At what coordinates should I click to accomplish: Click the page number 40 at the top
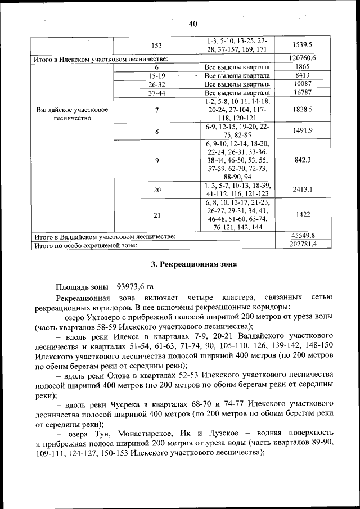pos(193,24)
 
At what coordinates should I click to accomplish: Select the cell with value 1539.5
pos(303,44)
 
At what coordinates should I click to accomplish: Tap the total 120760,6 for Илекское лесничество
pos(303,58)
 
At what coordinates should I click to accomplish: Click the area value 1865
pos(303,66)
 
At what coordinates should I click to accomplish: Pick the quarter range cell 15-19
pos(156,75)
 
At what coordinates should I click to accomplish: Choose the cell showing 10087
pos(303,84)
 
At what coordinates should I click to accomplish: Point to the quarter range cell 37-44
pos(156,93)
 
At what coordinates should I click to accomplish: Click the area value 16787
pos(303,93)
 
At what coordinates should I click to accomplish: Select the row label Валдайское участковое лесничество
pos(71,114)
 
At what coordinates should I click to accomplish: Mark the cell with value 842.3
pos(303,160)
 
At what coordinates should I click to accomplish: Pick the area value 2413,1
pos(303,190)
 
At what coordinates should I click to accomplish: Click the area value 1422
pos(303,214)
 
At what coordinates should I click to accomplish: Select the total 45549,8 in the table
pos(303,236)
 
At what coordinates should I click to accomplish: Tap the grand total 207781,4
pos(303,245)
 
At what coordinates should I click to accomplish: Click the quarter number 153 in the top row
pos(156,44)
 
